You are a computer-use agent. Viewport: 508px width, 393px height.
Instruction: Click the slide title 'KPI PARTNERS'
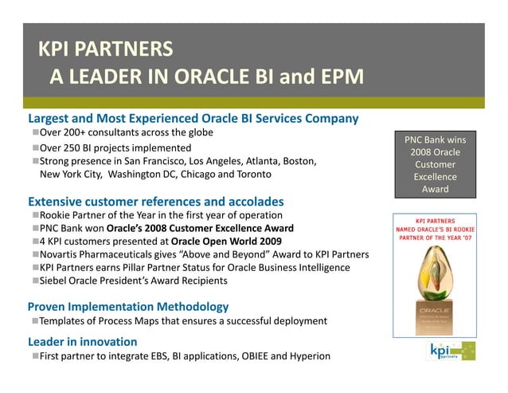pos(106,49)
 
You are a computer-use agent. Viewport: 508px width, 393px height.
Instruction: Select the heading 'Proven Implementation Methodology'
pos(128,306)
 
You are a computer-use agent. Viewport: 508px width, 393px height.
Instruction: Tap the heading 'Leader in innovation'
pos(83,341)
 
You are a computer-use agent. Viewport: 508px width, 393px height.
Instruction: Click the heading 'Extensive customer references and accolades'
pos(156,201)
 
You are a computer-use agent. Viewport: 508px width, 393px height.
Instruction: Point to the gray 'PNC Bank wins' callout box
pos(436,164)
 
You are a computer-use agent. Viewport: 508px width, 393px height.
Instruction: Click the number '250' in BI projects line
pos(83,147)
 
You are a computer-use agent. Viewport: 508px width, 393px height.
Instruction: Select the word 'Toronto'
pos(251,174)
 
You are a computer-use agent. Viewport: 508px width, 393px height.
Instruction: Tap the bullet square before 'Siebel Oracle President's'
pos(36,281)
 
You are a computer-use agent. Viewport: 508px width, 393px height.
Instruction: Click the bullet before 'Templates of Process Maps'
pos(36,320)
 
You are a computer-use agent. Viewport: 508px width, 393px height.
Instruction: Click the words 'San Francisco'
pos(154,161)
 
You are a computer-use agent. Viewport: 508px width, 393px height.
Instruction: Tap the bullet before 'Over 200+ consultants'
pos(36,132)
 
